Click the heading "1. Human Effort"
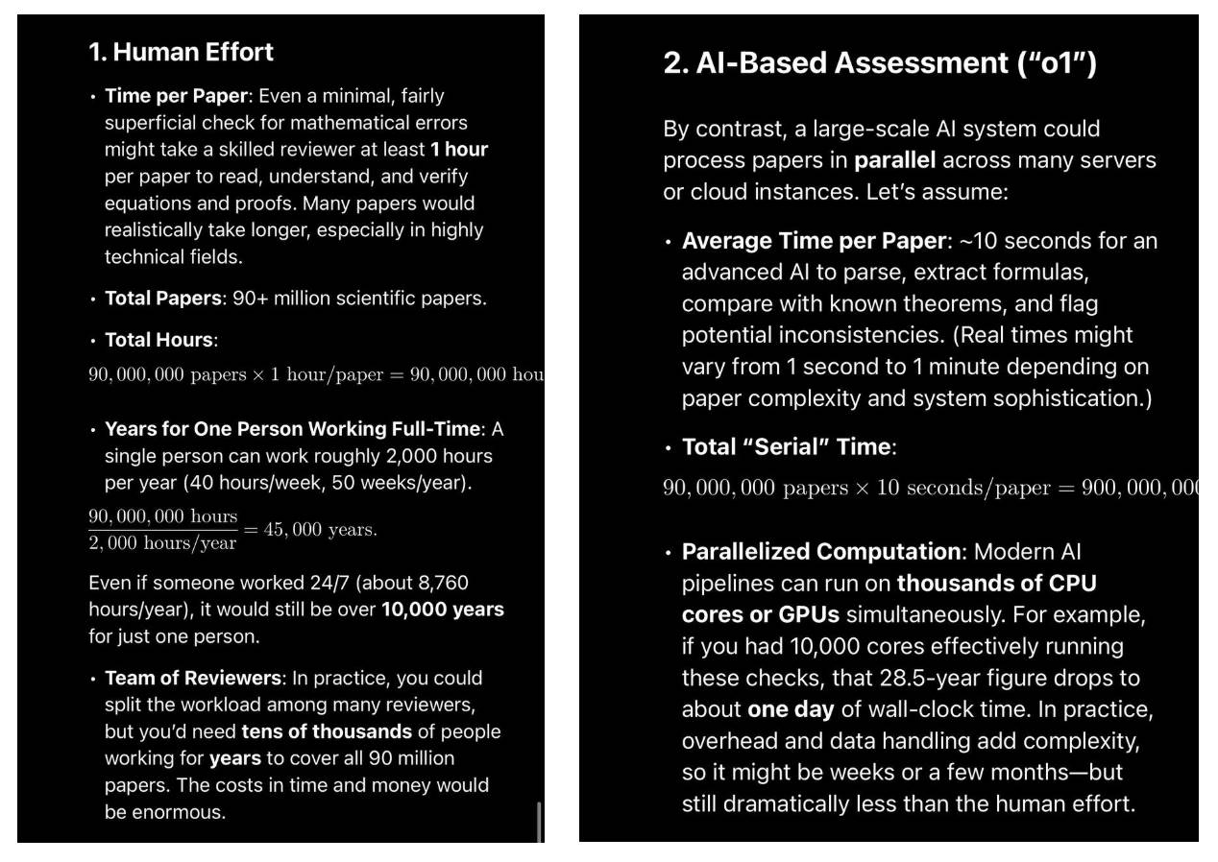point(181,52)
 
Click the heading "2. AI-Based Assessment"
point(879,63)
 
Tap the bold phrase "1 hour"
point(459,150)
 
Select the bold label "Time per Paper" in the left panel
point(176,96)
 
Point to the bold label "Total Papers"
point(163,299)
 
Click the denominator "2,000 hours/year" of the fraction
point(162,543)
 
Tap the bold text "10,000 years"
point(442,610)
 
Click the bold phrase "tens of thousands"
point(327,731)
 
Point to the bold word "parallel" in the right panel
point(894,160)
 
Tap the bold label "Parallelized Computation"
point(821,552)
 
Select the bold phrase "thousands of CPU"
point(996,584)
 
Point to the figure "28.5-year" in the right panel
point(925,678)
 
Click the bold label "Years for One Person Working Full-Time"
point(292,429)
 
